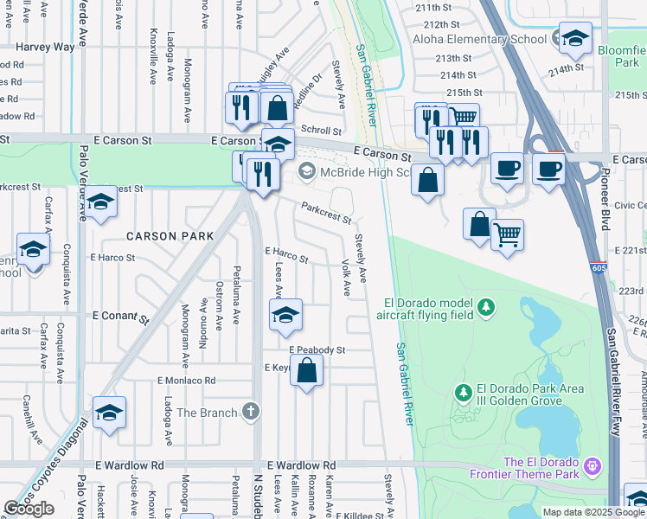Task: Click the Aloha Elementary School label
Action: click(479, 40)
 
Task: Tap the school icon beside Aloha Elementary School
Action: click(574, 38)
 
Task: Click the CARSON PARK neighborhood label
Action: click(163, 235)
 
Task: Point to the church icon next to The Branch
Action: click(251, 412)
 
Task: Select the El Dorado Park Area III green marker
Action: click(464, 394)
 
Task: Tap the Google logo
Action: click(29, 509)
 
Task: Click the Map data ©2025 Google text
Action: click(593, 512)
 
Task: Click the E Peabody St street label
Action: click(317, 350)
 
